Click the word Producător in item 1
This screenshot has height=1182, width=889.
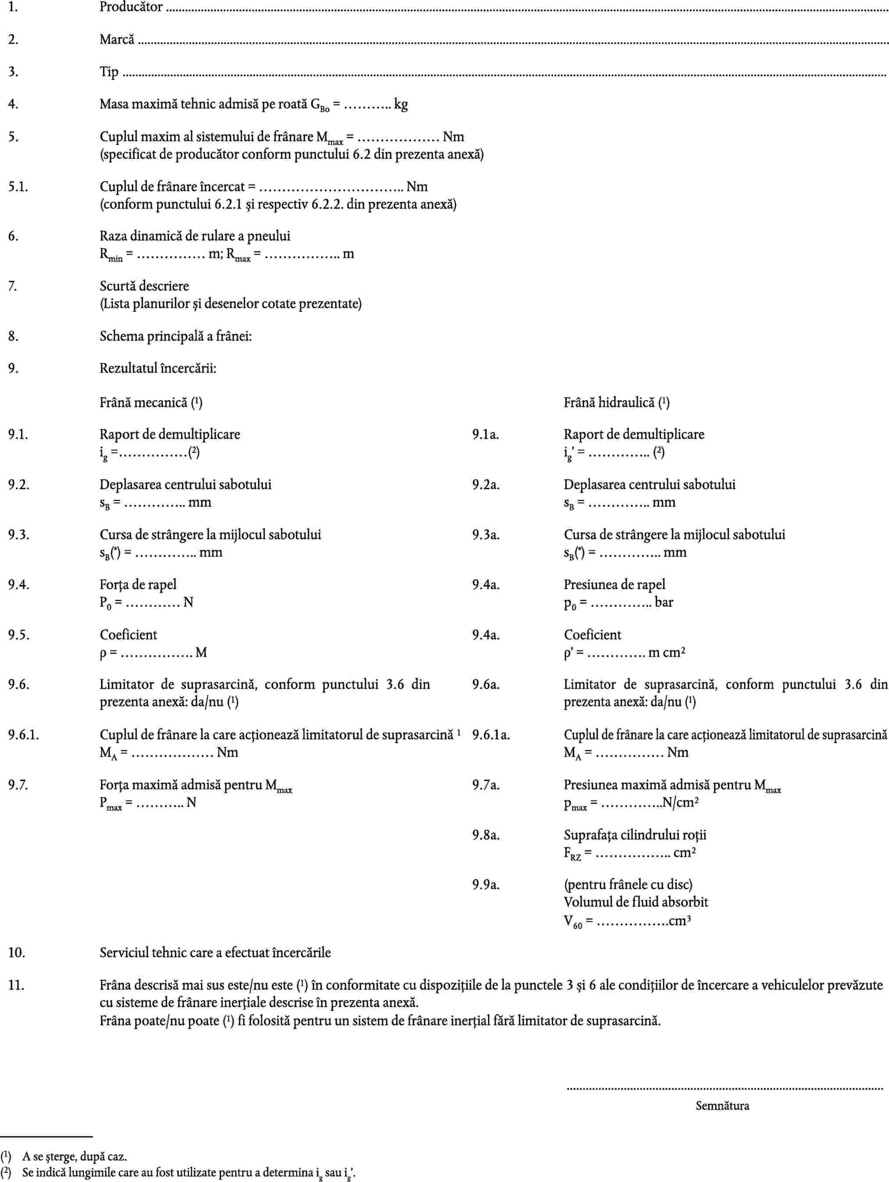pyautogui.click(x=131, y=7)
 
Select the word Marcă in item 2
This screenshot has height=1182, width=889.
pyautogui.click(x=117, y=39)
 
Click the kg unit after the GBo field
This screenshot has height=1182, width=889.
pyautogui.click(x=401, y=104)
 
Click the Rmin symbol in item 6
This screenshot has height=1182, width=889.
pyautogui.click(x=110, y=255)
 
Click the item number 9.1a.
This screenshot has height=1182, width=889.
pyautogui.click(x=485, y=435)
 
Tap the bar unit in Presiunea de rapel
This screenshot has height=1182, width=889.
pyautogui.click(x=664, y=602)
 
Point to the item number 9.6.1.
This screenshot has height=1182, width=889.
pyautogui.click(x=23, y=735)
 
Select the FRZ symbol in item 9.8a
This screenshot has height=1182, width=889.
pyautogui.click(x=572, y=853)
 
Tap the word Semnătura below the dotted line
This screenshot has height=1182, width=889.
pyautogui.click(x=722, y=1106)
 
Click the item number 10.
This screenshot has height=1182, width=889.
pyautogui.click(x=16, y=953)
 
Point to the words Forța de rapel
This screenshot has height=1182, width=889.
pyautogui.click(x=138, y=584)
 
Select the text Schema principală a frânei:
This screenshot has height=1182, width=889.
pyautogui.click(x=176, y=337)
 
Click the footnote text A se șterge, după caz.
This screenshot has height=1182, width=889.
pyautogui.click(x=74, y=1157)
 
